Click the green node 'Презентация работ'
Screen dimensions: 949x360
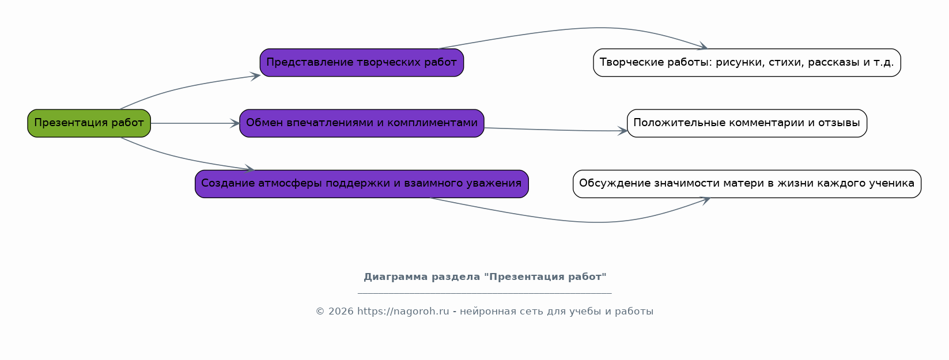[x=89, y=123]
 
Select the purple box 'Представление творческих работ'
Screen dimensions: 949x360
[x=362, y=63]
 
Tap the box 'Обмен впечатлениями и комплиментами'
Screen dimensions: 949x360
[x=362, y=123]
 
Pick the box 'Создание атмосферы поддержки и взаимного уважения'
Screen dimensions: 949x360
[x=362, y=184]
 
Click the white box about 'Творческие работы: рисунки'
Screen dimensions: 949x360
[x=747, y=63]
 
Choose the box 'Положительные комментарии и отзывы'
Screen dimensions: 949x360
[x=747, y=123]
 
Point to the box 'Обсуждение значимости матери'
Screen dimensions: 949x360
[x=747, y=184]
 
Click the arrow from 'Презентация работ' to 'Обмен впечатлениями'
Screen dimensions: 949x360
[x=195, y=123]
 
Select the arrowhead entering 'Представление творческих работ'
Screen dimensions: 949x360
[x=255, y=76]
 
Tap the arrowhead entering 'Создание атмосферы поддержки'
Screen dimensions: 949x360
[x=250, y=169]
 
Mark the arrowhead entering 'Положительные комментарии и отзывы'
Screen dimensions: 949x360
[x=622, y=131]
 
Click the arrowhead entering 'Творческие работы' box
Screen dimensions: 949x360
[x=704, y=46]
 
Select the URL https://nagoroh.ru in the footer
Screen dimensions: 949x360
[x=403, y=312]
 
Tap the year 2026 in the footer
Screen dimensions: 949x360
[x=341, y=312]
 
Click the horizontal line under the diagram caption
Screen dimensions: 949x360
[x=485, y=293]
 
